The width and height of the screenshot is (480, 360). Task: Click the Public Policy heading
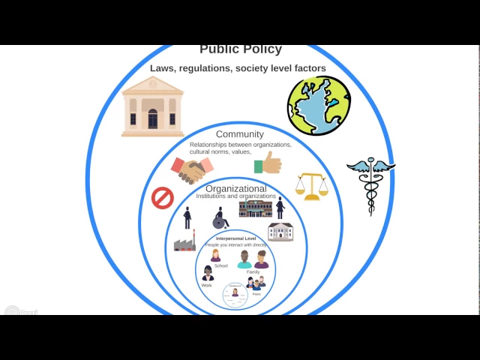pos(241,49)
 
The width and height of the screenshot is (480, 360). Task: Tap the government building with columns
pos(152,106)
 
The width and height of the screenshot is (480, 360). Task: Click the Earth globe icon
pos(319,105)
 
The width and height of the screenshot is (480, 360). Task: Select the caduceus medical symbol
pos(370,184)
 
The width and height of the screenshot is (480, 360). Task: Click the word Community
pos(240,134)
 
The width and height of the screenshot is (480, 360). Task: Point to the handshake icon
pos(192,169)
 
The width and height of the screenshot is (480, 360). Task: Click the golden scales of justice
pos(311,187)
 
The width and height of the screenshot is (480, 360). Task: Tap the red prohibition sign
pos(163,198)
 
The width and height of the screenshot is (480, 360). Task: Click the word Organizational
pos(236,188)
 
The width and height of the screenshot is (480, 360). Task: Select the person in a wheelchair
pos(220,218)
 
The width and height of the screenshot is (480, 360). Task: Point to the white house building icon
pos(280,231)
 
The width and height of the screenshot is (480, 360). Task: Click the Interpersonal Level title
pos(236,238)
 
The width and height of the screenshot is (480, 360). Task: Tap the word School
pos(220,265)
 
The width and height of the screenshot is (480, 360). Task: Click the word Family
pos(253,271)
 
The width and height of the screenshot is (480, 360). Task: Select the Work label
pos(206,285)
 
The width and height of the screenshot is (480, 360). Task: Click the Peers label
pos(256,294)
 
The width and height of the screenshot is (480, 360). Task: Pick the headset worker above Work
pos(208,274)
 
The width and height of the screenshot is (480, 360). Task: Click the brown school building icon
pos(255,208)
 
